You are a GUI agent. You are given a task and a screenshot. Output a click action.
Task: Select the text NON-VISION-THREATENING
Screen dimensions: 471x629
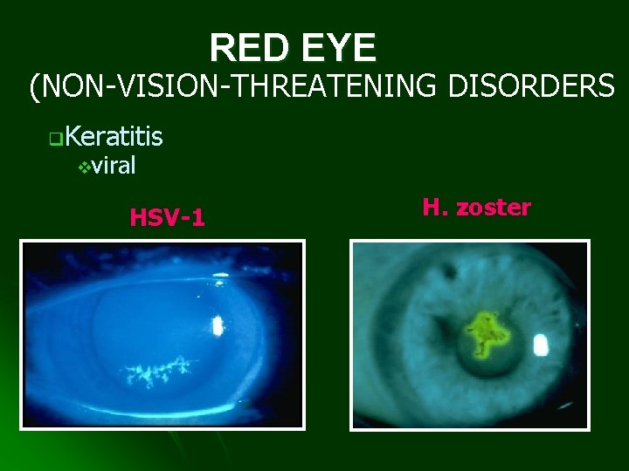238,86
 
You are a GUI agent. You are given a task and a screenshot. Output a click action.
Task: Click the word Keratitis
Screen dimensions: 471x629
114,136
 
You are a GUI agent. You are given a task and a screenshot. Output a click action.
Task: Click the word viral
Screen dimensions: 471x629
113,165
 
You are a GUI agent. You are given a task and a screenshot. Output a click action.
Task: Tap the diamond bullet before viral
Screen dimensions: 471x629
84,166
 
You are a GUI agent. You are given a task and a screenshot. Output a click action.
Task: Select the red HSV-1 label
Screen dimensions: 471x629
167,216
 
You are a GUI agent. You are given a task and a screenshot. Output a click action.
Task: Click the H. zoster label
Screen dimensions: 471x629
476,208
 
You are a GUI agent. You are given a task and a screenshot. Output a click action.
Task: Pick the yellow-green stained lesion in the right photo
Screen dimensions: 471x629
480,333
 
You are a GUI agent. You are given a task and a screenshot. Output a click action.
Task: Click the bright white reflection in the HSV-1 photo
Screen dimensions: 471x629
217,325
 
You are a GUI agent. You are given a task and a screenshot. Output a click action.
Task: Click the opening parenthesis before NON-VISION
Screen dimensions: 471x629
35,86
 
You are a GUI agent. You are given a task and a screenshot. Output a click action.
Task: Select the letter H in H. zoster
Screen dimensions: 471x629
430,208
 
